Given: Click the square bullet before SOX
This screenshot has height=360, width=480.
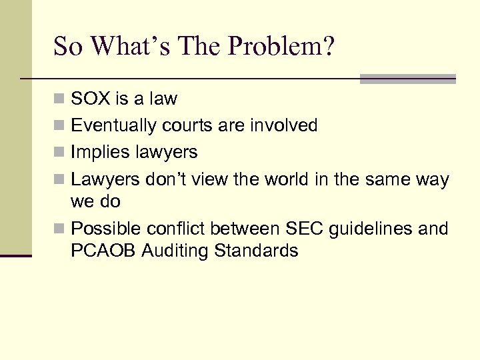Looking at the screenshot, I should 60,99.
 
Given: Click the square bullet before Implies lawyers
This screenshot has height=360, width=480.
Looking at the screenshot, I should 60,153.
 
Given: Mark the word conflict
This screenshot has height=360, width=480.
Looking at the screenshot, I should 174,229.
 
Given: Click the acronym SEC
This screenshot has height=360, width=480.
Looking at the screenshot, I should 303,229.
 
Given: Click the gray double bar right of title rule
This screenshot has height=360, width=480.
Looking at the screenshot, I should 407,79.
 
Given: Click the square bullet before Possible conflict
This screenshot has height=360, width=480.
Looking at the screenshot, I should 60,229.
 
